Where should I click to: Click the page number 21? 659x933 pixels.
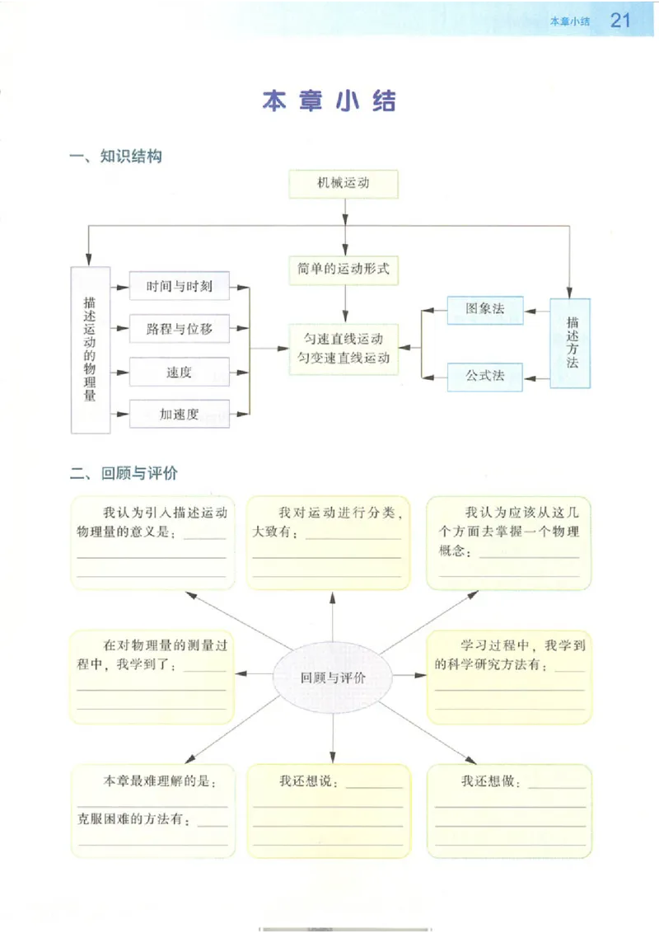tap(620, 21)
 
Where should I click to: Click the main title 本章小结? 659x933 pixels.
tap(329, 101)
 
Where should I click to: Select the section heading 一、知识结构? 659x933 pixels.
tap(115, 157)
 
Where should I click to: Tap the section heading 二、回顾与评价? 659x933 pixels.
tap(124, 474)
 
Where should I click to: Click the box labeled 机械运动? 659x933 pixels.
tap(344, 184)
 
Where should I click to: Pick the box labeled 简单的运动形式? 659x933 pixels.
tap(344, 269)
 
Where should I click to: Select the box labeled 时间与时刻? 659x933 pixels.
tap(180, 287)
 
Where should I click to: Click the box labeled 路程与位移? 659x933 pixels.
tap(180, 329)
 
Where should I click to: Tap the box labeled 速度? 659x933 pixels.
tap(180, 372)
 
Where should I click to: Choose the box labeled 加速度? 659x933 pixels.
tap(180, 414)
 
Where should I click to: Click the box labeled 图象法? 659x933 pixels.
tap(484, 309)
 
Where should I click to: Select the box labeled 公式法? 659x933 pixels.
tap(484, 376)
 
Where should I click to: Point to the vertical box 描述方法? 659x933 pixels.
tap(572, 342)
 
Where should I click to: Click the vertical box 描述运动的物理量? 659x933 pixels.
tap(91, 349)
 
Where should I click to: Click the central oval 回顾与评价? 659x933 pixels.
tap(333, 677)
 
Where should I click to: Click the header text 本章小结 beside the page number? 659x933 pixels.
tap(570, 21)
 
